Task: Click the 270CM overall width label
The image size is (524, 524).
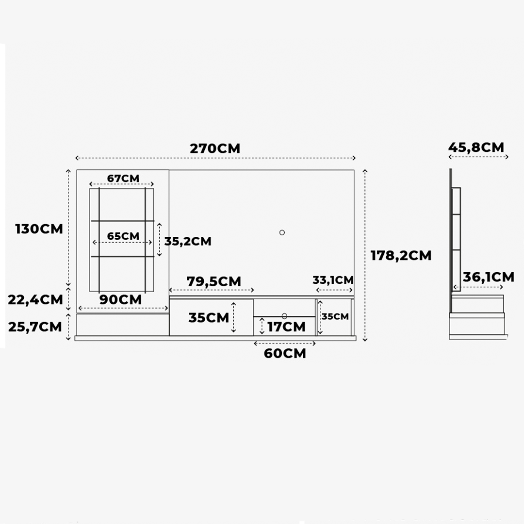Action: click(215, 149)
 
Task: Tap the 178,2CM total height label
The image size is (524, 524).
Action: click(401, 256)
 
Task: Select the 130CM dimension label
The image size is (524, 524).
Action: click(39, 229)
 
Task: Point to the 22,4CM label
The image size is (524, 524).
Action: click(35, 300)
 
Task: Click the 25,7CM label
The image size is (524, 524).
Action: click(35, 327)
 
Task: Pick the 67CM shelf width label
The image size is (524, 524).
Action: click(123, 179)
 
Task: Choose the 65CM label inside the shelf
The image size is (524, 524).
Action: click(123, 236)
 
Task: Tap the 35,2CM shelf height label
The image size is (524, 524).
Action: click(188, 241)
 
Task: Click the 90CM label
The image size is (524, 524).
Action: click(121, 300)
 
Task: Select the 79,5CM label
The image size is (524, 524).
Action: click(214, 281)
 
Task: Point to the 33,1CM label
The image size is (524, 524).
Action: click(333, 280)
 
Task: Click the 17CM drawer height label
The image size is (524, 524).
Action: click(286, 327)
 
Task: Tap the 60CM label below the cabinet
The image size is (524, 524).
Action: click(285, 354)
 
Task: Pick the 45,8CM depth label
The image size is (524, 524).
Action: click(476, 147)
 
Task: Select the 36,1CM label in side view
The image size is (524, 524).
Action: click(489, 277)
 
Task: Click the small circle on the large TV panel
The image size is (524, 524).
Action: click(282, 232)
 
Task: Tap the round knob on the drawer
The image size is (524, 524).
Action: click(284, 316)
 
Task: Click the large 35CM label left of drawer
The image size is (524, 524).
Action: click(209, 317)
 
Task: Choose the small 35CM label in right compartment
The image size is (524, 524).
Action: click(335, 316)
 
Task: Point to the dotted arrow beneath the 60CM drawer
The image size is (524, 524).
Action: click(285, 344)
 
